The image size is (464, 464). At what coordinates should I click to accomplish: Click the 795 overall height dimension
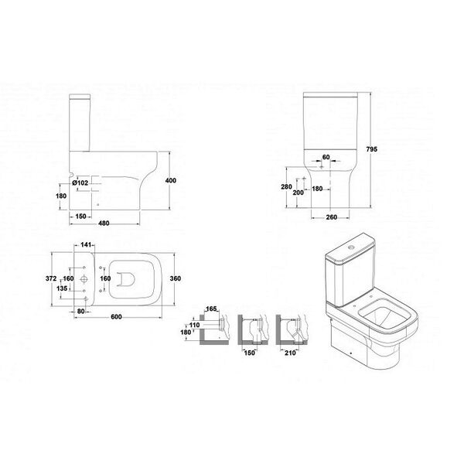click(372, 149)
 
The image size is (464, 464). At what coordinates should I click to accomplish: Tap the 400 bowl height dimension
click(171, 180)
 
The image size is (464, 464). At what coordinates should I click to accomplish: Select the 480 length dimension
click(104, 223)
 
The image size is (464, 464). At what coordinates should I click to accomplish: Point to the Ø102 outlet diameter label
click(80, 183)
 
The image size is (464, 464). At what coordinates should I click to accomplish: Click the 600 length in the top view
click(116, 316)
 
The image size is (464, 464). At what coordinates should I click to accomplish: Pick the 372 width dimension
click(51, 278)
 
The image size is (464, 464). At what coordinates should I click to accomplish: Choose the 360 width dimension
click(176, 278)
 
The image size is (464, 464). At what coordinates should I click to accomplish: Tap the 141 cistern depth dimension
click(86, 244)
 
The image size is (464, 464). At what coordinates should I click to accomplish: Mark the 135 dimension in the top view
click(62, 288)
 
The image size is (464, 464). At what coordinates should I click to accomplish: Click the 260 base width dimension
click(332, 217)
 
